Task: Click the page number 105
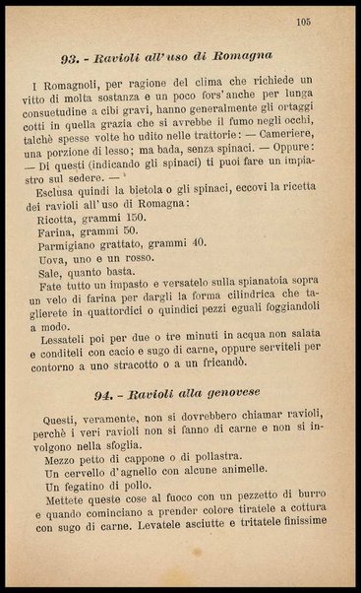(302, 21)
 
